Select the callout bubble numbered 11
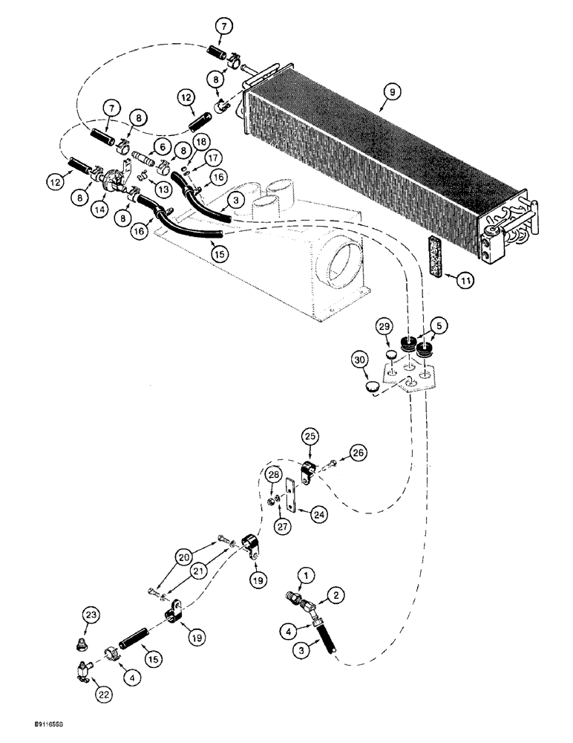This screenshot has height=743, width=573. point(465,281)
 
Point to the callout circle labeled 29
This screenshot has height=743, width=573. point(384,328)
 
